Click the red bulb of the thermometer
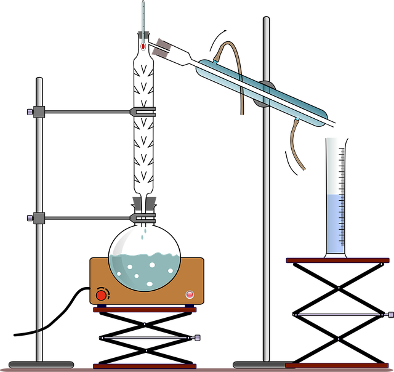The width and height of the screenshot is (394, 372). point(143,46)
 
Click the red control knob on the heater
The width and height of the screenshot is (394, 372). point(101,295)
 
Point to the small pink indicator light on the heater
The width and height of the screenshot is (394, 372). point(190,294)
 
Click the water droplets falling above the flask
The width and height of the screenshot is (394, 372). point(143,235)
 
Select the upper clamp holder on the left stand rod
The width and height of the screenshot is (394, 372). point(38,111)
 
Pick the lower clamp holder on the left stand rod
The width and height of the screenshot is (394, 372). point(38,218)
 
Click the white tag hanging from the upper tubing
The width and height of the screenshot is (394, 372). point(241,118)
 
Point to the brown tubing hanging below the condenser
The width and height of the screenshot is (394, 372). point(294,145)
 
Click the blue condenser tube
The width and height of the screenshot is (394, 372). point(265,92)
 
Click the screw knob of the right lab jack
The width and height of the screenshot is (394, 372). point(390,314)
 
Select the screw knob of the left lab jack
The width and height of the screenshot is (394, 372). point(197,338)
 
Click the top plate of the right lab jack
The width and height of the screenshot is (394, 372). point(337,261)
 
